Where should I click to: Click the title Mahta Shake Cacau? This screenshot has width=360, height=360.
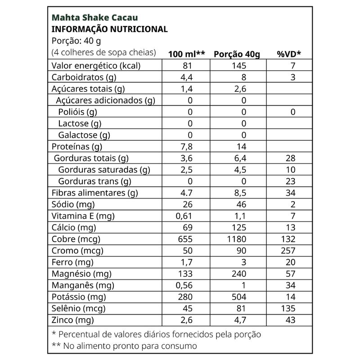(95, 18)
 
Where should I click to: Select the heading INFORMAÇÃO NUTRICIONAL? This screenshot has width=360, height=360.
(110, 29)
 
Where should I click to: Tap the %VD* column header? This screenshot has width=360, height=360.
(288, 54)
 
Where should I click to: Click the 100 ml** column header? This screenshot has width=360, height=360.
(186, 54)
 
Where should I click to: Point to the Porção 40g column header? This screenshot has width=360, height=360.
(237, 54)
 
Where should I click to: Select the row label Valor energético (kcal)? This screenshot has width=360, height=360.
(96, 66)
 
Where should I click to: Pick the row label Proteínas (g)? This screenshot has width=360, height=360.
(77, 147)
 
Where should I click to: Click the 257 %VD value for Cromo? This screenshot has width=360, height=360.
(288, 251)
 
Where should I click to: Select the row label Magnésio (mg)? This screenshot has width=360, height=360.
(82, 274)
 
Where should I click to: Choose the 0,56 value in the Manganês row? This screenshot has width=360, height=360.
(184, 285)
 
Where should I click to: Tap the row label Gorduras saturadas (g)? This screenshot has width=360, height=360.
(104, 170)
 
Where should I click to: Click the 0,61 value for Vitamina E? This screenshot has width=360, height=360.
(184, 216)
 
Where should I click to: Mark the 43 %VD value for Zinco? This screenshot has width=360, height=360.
(290, 320)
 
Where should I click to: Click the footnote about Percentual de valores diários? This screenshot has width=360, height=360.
(156, 334)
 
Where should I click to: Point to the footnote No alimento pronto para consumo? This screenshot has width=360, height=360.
(125, 346)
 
